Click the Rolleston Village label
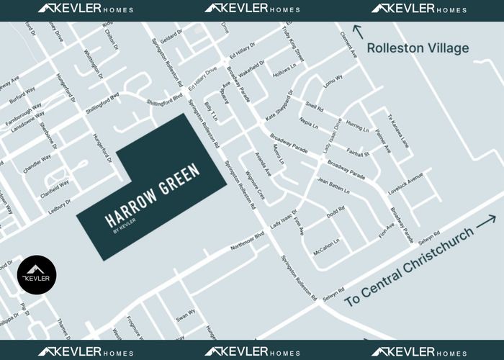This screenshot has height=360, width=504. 418,48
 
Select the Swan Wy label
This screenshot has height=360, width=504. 186,315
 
